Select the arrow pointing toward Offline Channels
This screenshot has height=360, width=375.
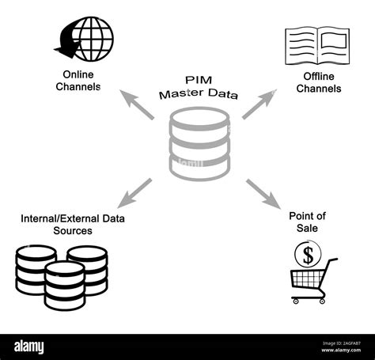pos(259,104)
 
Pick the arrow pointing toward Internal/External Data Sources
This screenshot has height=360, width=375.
pos(137,191)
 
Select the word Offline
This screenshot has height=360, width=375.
pos(318,77)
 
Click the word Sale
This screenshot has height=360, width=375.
pos(309,228)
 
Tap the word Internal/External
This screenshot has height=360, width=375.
pos(56,218)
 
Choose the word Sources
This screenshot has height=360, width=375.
pos(74,230)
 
